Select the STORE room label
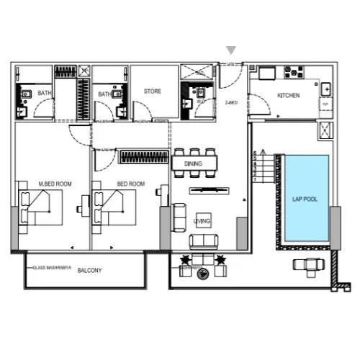pyautogui.click(x=152, y=91)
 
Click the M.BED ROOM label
pyautogui.click(x=55, y=184)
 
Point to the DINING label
pyautogui.click(x=193, y=164)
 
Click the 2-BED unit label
pyautogui.click(x=231, y=103)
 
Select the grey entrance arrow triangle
pyautogui.click(x=231, y=50)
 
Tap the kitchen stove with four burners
pyautogui.click(x=294, y=72)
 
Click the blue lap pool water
pyautogui.click(x=305, y=216)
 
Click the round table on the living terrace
pyautogui.click(x=203, y=272)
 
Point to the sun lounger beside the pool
pyautogui.click(x=309, y=266)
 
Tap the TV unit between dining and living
pyautogui.click(x=210, y=190)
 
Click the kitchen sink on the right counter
pyautogui.click(x=326, y=89)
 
